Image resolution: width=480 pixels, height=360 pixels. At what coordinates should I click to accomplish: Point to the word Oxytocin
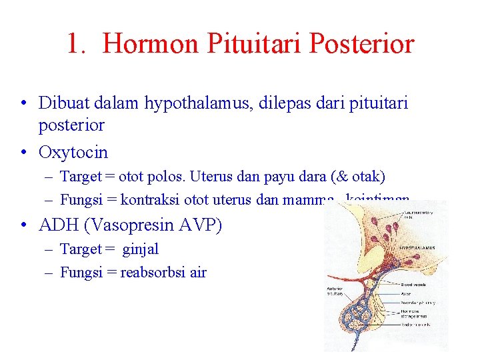click(73, 152)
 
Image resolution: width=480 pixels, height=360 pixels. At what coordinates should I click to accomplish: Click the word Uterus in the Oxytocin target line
click(209, 176)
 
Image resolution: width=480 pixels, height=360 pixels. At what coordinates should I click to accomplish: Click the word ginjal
click(140, 249)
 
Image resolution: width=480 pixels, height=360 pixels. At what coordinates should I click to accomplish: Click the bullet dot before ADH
click(23, 226)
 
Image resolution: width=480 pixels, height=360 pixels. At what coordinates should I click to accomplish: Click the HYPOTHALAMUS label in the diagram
click(417, 248)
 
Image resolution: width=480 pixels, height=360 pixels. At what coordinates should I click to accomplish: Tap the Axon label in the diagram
click(407, 292)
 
